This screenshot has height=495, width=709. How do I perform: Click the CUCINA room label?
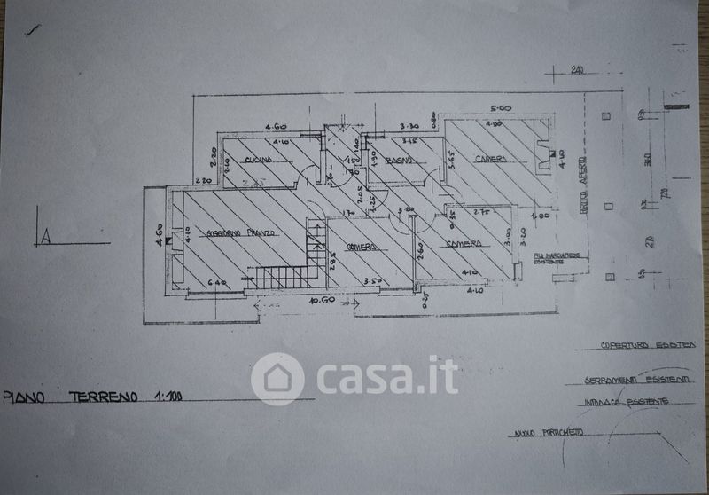[x=258, y=159]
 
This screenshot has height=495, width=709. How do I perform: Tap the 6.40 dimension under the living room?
[x=218, y=283]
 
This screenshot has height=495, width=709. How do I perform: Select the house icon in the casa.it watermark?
[x=277, y=379]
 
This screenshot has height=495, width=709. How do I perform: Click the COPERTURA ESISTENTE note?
[x=648, y=344]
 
